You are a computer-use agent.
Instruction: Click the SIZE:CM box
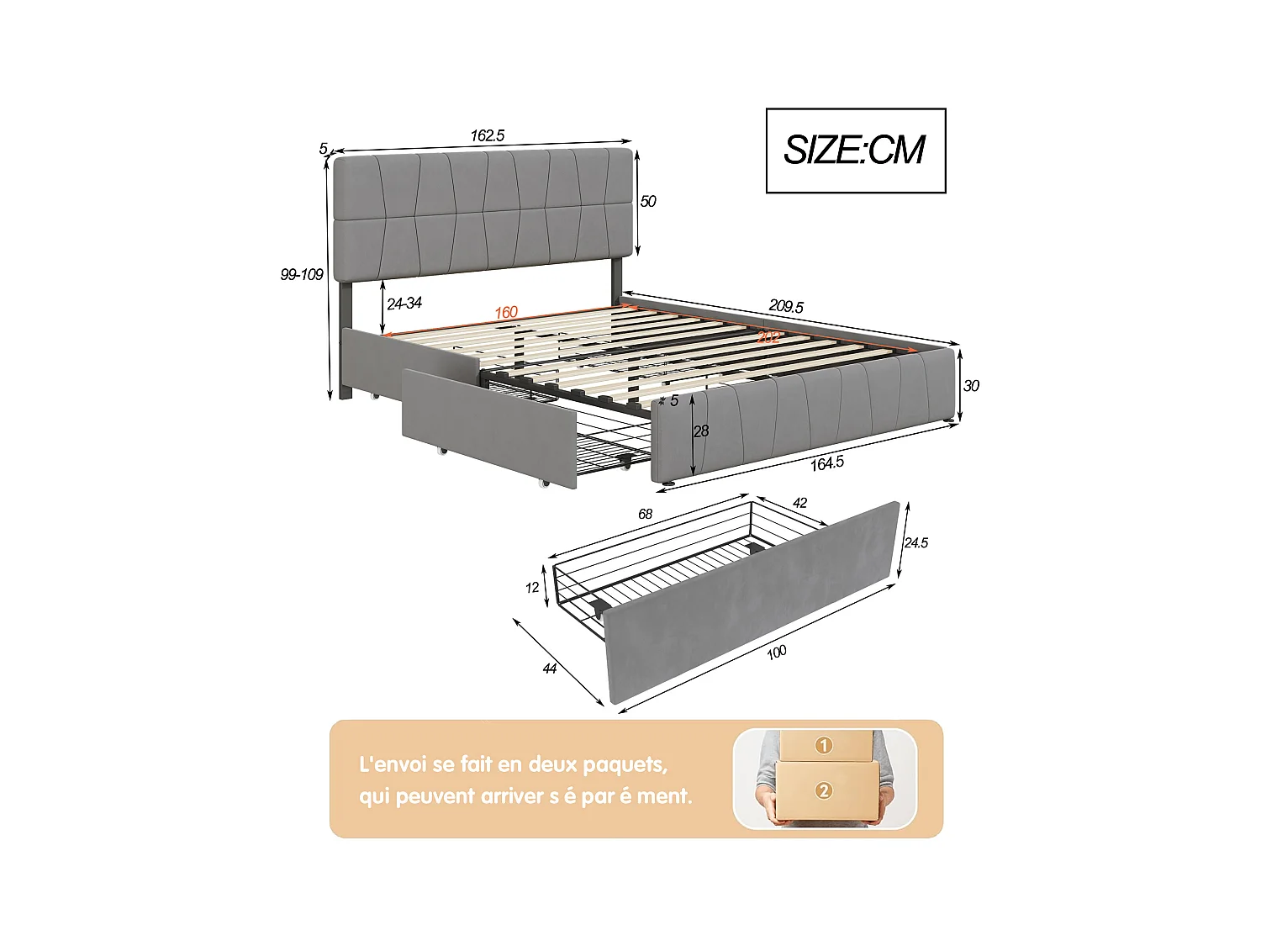856,151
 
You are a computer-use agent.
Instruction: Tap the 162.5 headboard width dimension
488,135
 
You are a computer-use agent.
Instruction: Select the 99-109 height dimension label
302,275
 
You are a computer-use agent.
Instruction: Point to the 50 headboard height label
648,201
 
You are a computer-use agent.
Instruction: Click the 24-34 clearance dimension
404,304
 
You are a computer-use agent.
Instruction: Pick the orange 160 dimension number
506,313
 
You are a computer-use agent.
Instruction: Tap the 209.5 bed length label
786,307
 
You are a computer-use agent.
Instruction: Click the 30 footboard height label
971,386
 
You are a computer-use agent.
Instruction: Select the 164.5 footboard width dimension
827,463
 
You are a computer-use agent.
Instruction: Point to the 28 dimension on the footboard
701,431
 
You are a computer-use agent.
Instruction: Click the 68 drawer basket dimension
646,514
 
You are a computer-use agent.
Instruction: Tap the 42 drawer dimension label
800,503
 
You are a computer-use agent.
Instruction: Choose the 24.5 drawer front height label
916,543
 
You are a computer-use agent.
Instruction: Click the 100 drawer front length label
777,652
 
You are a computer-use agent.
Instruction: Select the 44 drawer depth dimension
550,669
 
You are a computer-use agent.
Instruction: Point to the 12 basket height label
532,588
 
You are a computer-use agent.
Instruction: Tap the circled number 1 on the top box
824,745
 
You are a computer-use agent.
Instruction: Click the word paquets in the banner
625,764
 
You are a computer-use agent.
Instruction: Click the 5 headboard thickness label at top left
323,149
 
